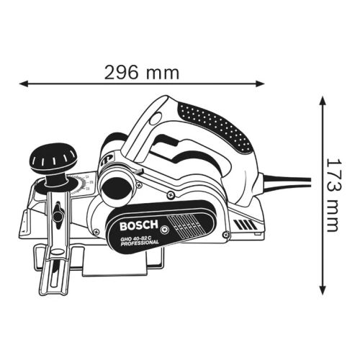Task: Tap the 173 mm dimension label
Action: [331, 194]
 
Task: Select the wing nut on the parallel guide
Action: [57, 214]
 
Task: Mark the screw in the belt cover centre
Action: [166, 229]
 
